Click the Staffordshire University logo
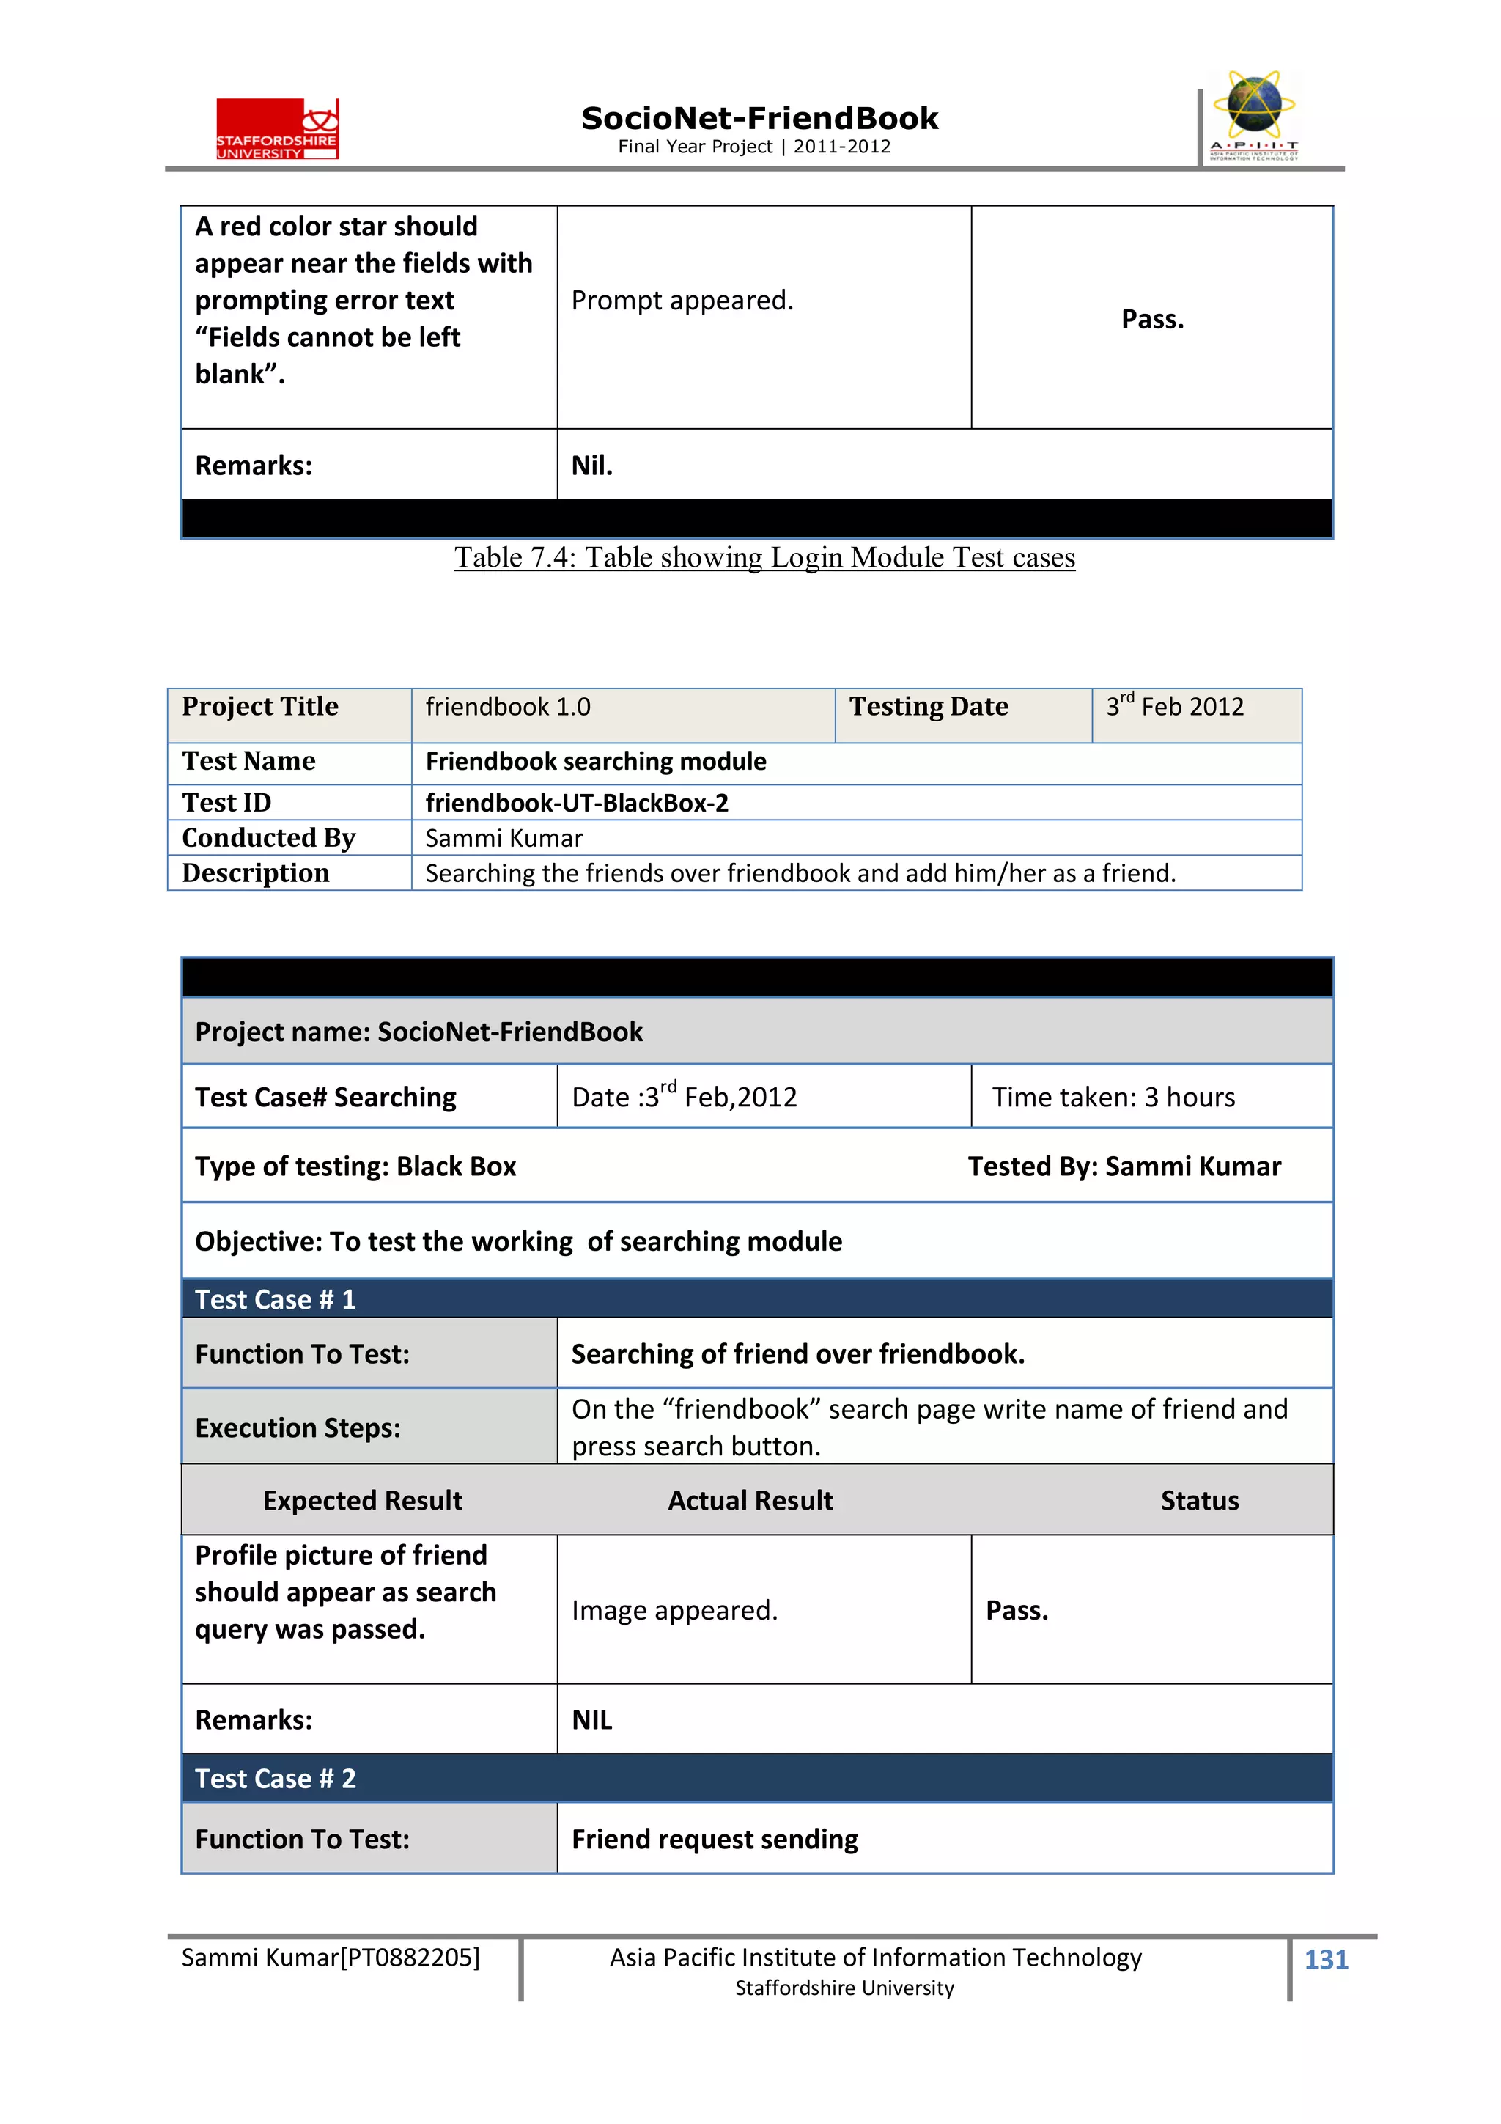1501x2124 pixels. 278,128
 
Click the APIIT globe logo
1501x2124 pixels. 1253,116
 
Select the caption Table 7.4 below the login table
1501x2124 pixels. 764,558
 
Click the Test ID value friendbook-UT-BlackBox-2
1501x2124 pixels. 576,802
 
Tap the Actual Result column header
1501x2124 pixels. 750,1501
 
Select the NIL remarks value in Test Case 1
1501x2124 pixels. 592,1720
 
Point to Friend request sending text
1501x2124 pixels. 714,1839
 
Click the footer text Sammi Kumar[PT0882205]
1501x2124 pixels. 330,1958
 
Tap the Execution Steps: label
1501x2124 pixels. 298,1428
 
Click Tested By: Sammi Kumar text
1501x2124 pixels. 1124,1166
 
